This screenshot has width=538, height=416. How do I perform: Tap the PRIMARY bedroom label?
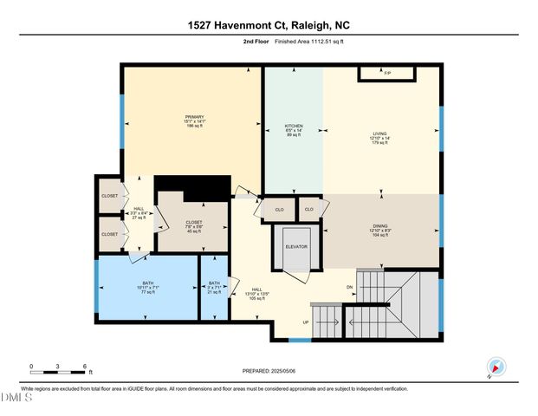click(x=193, y=121)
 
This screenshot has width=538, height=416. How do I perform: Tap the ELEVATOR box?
click(x=297, y=246)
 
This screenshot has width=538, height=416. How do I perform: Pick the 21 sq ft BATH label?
click(x=214, y=287)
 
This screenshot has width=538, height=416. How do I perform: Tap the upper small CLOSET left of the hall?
click(x=110, y=196)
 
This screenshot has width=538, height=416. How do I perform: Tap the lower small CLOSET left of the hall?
click(x=110, y=234)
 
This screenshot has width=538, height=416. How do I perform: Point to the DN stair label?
click(x=350, y=287)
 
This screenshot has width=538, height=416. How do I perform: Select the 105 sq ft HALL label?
click(x=257, y=293)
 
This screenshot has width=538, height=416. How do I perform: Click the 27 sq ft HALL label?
click(x=138, y=212)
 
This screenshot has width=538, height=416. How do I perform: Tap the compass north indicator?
click(x=495, y=366)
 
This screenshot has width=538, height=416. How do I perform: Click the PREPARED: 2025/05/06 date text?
click(x=269, y=371)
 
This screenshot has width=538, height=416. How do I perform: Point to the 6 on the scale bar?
click(x=84, y=366)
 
